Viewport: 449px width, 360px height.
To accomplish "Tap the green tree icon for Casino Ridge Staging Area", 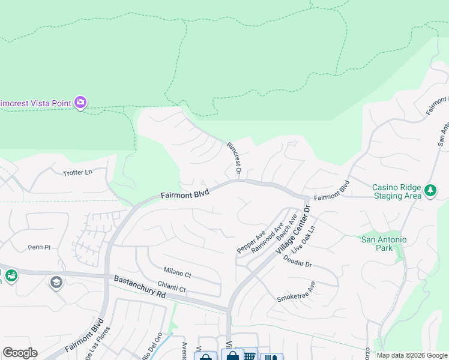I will [x=430, y=190].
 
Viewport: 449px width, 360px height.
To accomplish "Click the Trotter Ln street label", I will [x=78, y=172].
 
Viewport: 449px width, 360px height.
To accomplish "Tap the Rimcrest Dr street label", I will [x=234, y=159].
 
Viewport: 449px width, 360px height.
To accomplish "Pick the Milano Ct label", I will [x=177, y=274].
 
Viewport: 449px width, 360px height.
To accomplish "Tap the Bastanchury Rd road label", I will [x=139, y=287].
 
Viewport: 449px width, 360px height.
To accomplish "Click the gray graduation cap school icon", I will [x=56, y=282].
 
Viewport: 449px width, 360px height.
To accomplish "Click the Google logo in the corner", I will [x=20, y=353].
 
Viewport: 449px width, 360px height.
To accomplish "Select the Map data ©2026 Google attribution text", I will [x=411, y=355].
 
